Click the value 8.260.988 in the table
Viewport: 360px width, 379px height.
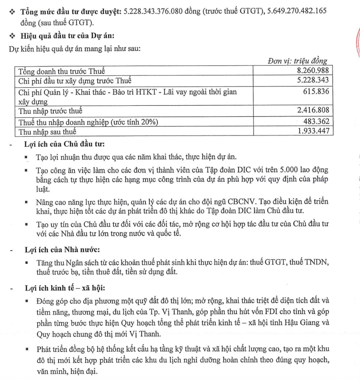pos(313,70)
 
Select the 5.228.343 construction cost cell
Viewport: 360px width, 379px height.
pos(313,80)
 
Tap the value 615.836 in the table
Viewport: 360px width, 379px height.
pos(316,92)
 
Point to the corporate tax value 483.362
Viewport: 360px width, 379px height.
pos(316,121)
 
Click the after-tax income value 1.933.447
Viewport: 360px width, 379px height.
pos(313,131)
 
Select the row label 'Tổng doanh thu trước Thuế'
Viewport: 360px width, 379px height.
pos(61,71)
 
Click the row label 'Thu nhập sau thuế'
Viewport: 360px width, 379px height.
pos(47,132)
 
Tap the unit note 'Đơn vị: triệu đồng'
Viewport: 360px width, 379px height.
pos(297,61)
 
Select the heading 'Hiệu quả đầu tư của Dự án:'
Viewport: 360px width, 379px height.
pos(67,36)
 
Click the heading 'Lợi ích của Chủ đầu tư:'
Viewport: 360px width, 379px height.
pos(64,144)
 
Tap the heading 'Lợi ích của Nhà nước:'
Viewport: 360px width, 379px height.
pos(62,250)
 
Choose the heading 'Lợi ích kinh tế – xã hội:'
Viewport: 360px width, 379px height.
pos(65,288)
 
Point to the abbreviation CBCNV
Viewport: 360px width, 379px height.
pos(241,201)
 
